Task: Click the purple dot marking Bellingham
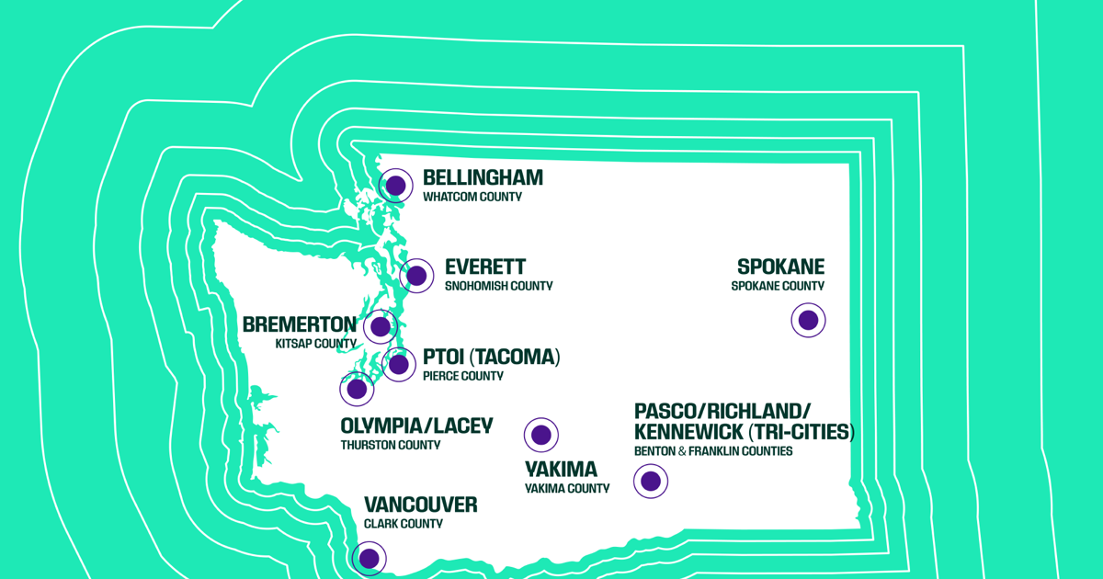395,186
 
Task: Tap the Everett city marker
416,276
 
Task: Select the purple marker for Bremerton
381,326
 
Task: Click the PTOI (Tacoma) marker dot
398,364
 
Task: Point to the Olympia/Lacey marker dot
357,389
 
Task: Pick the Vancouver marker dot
370,559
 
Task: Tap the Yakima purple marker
541,435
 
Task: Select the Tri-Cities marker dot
651,481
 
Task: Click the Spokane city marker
808,320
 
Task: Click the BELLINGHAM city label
483,177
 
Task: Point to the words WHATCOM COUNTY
472,197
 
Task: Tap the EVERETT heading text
485,267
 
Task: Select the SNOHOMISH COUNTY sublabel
499,286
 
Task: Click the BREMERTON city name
300,325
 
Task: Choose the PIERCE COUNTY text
463,376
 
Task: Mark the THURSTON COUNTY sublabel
391,445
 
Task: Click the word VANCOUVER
421,505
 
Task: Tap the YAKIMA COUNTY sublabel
567,488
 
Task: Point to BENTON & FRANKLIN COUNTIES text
713,451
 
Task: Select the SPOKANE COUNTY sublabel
778,286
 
